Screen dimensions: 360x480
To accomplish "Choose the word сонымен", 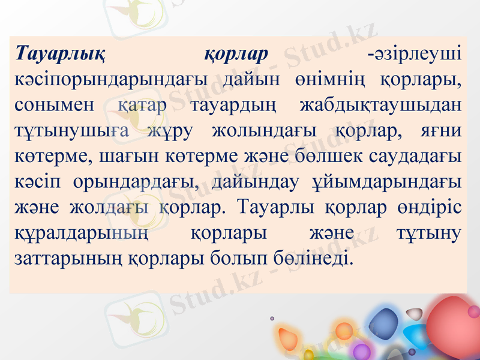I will click(x=54, y=105).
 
